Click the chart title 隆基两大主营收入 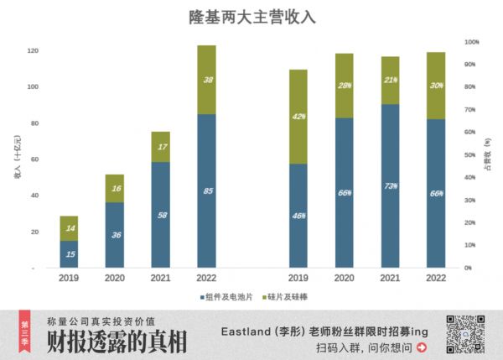(251, 17)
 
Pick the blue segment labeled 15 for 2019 (69, 254)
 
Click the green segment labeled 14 (69, 228)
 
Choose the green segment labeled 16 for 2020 (115, 189)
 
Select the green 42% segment (298, 117)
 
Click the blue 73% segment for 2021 (390, 185)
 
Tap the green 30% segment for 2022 (435, 86)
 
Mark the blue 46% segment (298, 216)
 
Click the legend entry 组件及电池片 (226, 297)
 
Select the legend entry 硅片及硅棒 (290, 297)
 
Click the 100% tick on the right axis (471, 41)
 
